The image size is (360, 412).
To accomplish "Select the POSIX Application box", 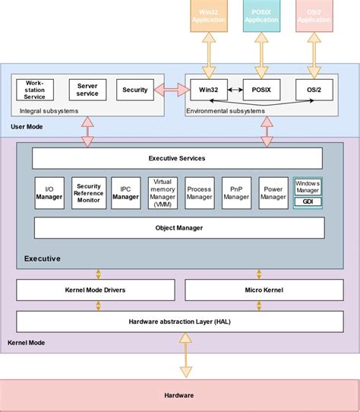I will pyautogui.click(x=261, y=16).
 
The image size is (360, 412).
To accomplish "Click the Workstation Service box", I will pyautogui.click(x=35, y=90).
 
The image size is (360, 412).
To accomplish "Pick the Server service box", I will pyautogui.click(x=87, y=90).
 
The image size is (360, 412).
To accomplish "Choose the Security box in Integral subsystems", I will pyautogui.click(x=135, y=90).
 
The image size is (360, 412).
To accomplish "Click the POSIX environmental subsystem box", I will pyautogui.click(x=261, y=90).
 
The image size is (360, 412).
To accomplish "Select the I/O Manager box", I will pyautogui.click(x=49, y=193).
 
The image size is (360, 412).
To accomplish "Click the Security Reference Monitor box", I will pyautogui.click(x=89, y=193).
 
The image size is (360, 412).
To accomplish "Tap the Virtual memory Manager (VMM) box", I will pyautogui.click(x=163, y=193).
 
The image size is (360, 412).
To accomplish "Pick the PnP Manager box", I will pyautogui.click(x=236, y=193).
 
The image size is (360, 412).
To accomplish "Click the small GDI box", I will pyautogui.click(x=308, y=202).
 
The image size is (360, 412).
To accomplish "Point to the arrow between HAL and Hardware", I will pyautogui.click(x=185, y=357).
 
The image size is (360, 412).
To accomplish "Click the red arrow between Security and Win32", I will pyautogui.click(x=172, y=90).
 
